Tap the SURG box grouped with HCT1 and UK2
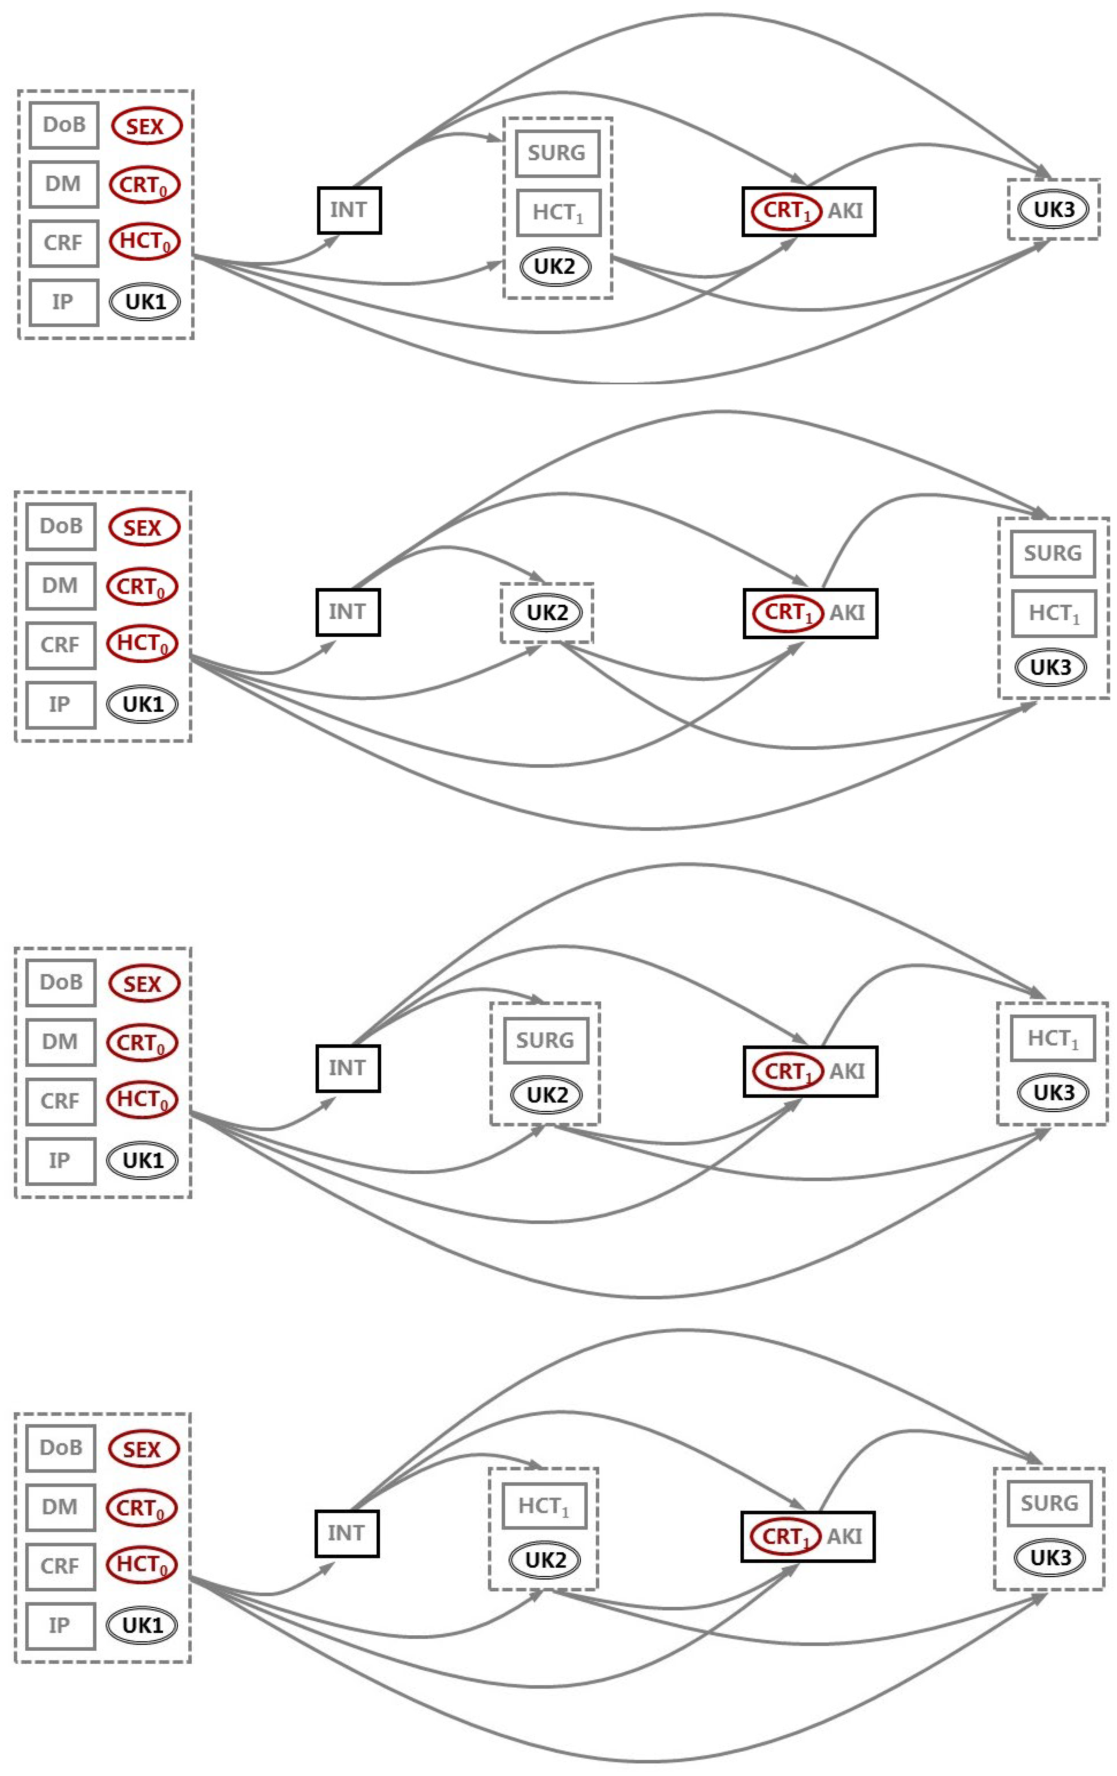pos(557,153)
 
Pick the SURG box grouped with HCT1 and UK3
pos(1053,553)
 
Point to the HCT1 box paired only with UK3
pos(1053,1038)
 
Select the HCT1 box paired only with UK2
pos(545,1505)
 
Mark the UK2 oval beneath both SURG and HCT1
pos(555,266)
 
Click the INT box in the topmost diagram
pos(349,210)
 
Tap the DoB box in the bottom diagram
pos(61,1447)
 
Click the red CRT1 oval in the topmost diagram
pos(786,211)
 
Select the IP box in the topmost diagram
pos(63,302)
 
